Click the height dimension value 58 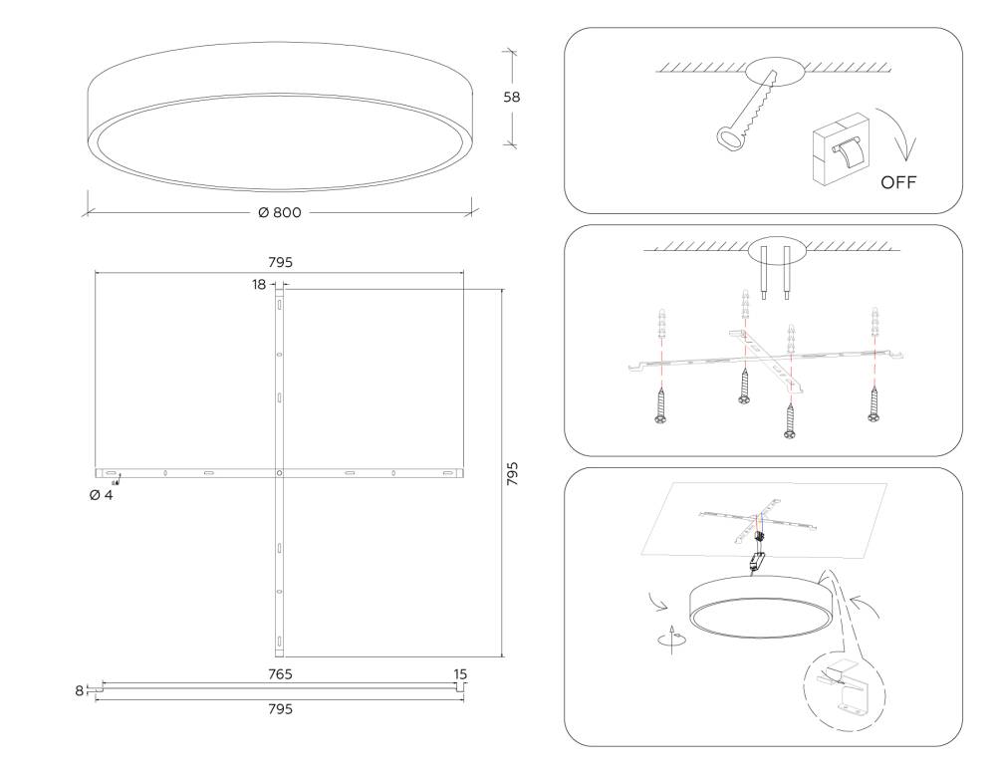tap(512, 98)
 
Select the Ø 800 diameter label tap(280, 213)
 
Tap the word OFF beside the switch tap(897, 183)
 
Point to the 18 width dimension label tap(259, 285)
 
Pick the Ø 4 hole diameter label tap(101, 495)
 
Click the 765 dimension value tap(280, 674)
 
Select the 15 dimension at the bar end tap(460, 674)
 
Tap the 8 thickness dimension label tap(80, 689)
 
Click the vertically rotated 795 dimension tap(512, 473)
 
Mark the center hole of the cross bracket tap(279, 471)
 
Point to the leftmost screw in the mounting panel tap(659, 404)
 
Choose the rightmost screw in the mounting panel tap(874, 402)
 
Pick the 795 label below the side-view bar tap(280, 709)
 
